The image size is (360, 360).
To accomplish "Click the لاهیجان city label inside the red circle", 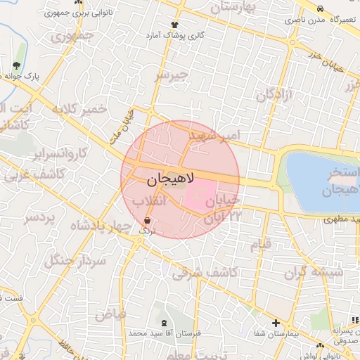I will (x=169, y=181).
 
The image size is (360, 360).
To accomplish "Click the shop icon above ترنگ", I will (x=146, y=221).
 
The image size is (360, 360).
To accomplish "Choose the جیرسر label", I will (x=172, y=74).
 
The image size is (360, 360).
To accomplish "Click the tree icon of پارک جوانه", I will (x=15, y=66).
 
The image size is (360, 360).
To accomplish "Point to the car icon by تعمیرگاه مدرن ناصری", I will (x=321, y=9).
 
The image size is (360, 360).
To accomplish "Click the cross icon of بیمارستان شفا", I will (x=276, y=323).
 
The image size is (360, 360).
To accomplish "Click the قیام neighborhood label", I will (x=260, y=245).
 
